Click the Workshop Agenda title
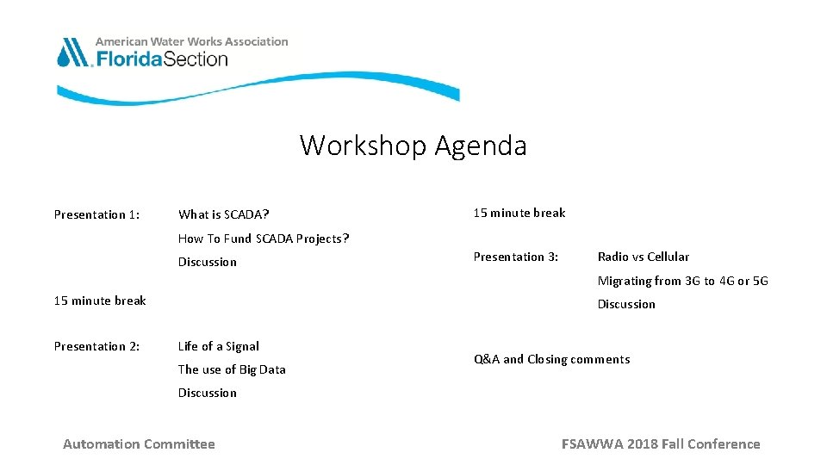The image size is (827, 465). (x=413, y=146)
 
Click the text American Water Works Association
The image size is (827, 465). (x=191, y=41)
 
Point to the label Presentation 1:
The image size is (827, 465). (x=96, y=214)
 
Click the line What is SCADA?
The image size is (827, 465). (x=223, y=214)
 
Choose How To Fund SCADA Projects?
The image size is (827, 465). (x=263, y=239)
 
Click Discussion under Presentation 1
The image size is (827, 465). (x=207, y=262)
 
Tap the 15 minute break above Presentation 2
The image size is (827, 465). (x=100, y=301)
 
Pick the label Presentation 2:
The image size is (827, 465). (x=96, y=346)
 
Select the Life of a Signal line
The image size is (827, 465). (x=218, y=346)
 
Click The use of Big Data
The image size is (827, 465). (x=232, y=369)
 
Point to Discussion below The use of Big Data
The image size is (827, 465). (x=207, y=393)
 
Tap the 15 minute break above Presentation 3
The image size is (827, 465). (x=519, y=213)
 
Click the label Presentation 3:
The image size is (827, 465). (x=516, y=257)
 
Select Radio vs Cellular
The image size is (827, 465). (x=643, y=257)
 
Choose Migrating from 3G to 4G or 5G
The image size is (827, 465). (x=682, y=281)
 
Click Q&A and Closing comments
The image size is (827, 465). (x=551, y=359)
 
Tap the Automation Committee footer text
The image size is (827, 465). (x=139, y=444)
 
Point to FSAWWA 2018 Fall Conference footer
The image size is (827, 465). (x=661, y=444)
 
